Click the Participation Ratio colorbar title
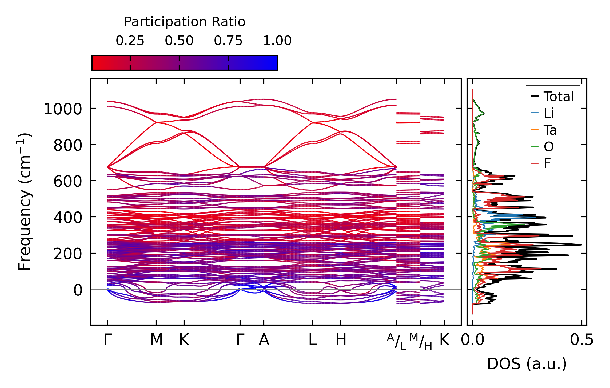[185, 22]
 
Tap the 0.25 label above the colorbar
[130, 41]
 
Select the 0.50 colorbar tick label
[179, 41]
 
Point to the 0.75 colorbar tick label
[228, 41]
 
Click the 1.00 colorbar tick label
[277, 41]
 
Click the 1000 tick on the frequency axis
[63, 109]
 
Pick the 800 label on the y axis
[68, 146]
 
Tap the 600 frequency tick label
[68, 182]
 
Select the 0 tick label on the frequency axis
[78, 290]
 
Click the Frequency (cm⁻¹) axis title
[25, 202]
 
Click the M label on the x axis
[156, 340]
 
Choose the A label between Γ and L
[264, 340]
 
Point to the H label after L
[341, 340]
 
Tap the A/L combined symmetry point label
[397, 341]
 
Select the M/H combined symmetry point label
[421, 341]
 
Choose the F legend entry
[547, 163]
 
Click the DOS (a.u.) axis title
[527, 364]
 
